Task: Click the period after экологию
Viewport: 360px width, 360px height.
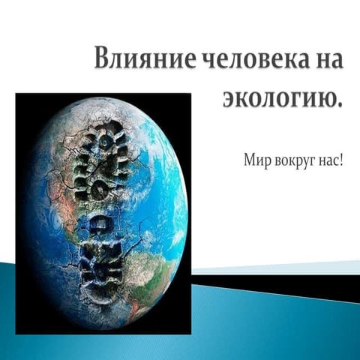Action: tap(339, 105)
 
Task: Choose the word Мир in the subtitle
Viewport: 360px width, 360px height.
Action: tap(257, 160)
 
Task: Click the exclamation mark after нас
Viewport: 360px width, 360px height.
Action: tap(340, 160)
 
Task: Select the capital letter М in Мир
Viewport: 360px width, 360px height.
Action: tap(250, 160)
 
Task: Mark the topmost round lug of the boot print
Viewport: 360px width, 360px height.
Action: tap(105, 142)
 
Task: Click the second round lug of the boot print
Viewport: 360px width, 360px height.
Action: tap(100, 190)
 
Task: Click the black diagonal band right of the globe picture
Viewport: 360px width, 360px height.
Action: tap(275, 284)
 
